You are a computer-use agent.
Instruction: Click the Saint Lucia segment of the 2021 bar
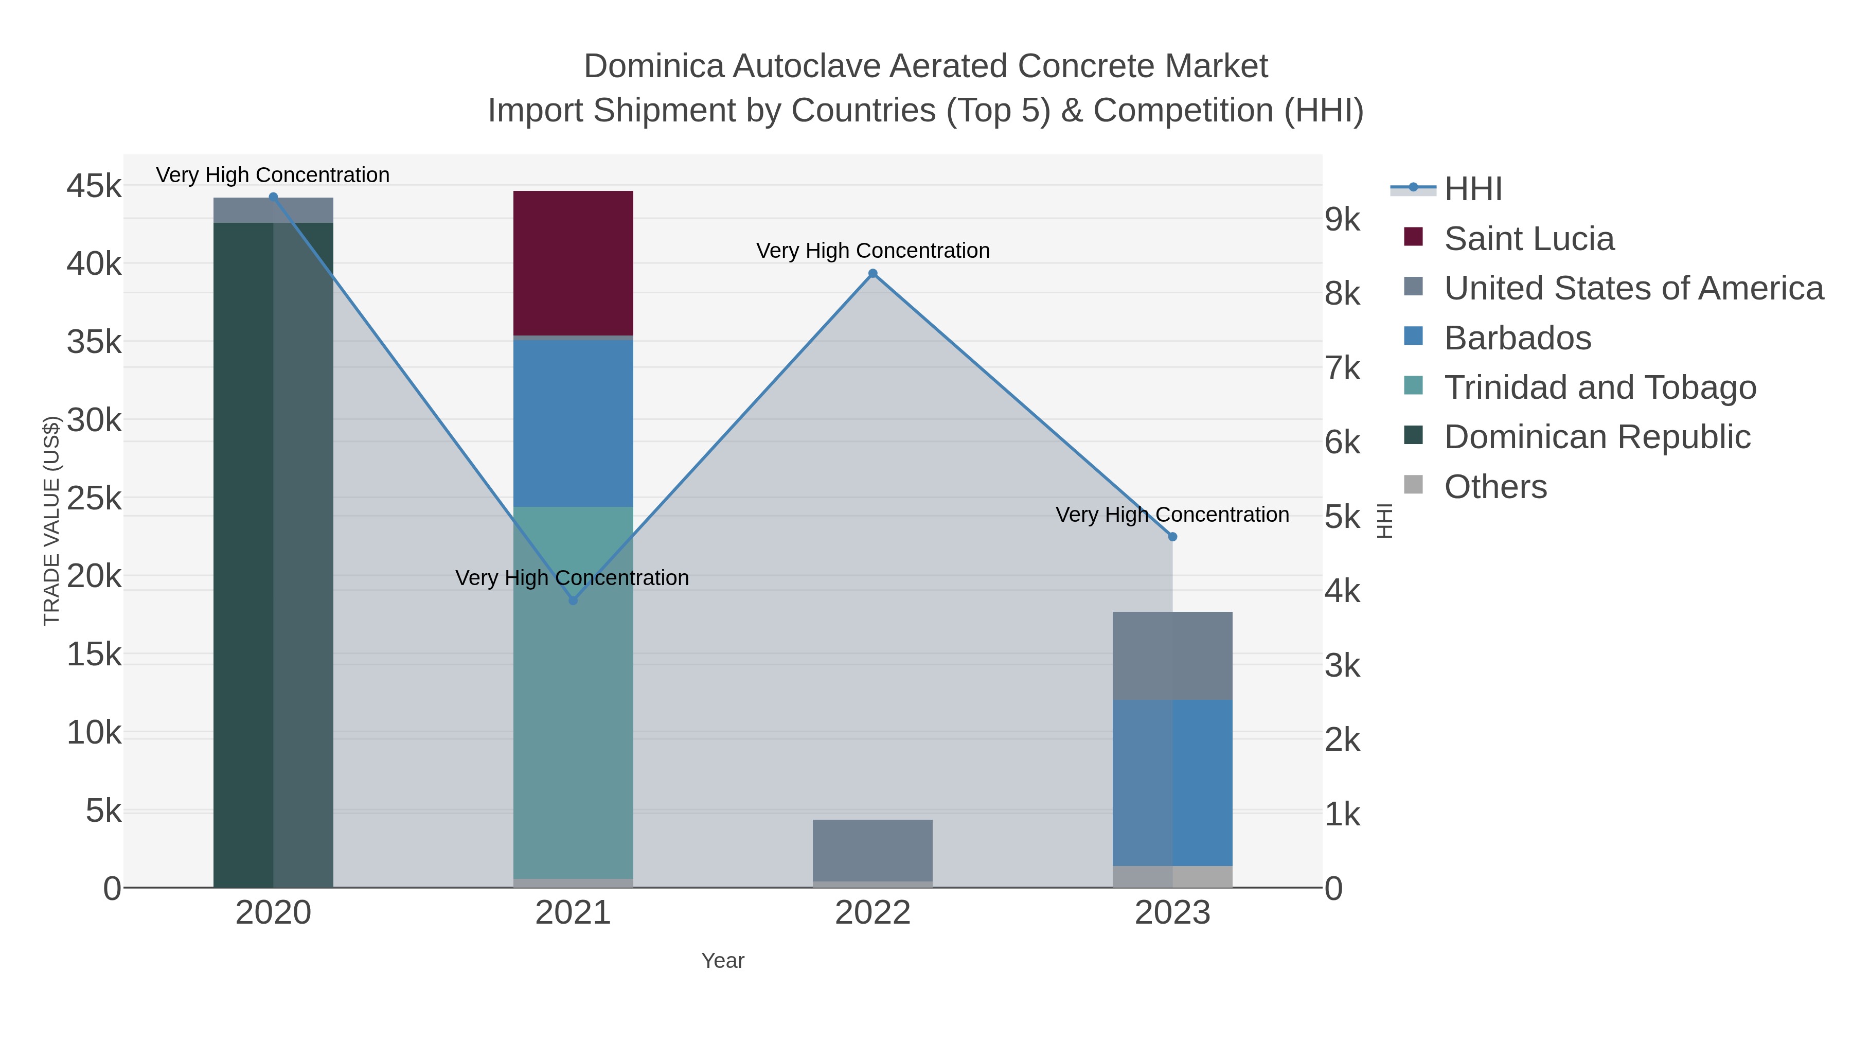pos(573,262)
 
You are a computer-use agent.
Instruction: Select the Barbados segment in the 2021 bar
pos(573,423)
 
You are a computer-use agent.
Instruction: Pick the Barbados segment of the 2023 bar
pos(1172,782)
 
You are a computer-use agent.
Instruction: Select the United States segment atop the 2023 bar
pos(1172,655)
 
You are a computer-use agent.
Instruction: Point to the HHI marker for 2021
pos(573,601)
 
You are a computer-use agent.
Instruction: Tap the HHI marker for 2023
pos(1172,537)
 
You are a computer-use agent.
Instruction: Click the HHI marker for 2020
pos(273,197)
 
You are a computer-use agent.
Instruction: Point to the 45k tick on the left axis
pos(94,186)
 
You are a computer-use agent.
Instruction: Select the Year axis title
pos(723,961)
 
